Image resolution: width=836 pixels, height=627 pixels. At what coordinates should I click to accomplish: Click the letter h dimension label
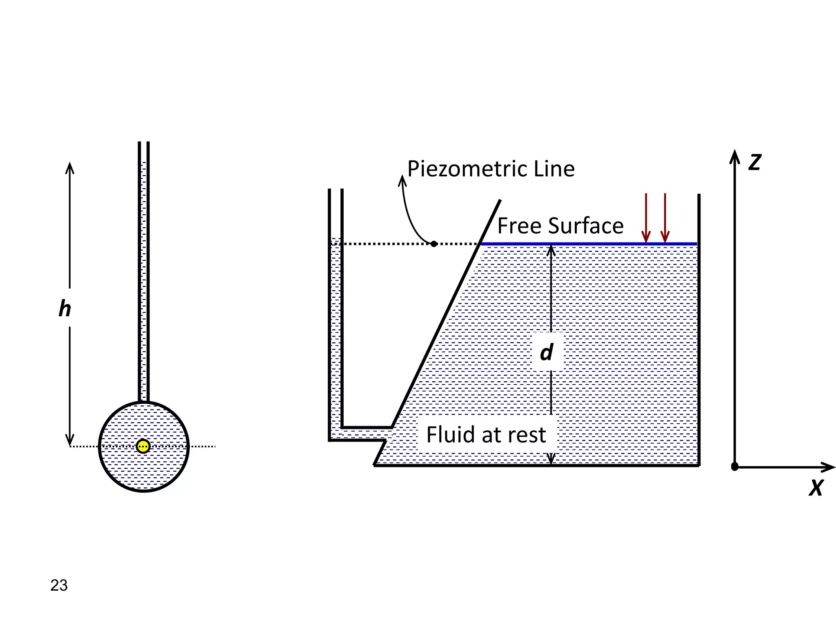click(x=64, y=309)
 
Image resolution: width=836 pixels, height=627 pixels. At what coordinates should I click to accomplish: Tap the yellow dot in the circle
click(x=143, y=446)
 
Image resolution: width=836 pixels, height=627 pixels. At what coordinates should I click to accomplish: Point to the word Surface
click(x=586, y=226)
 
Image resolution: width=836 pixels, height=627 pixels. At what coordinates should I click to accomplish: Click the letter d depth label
click(x=547, y=352)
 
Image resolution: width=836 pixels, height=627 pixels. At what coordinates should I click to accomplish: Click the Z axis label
click(x=755, y=162)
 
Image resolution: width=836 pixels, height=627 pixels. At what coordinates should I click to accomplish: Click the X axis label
click(x=816, y=487)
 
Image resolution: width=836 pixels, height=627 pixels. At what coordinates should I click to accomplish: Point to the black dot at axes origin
click(x=734, y=467)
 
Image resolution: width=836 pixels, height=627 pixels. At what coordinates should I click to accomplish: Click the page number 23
click(x=59, y=585)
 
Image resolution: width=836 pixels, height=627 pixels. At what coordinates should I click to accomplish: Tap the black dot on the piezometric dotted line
click(x=434, y=244)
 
